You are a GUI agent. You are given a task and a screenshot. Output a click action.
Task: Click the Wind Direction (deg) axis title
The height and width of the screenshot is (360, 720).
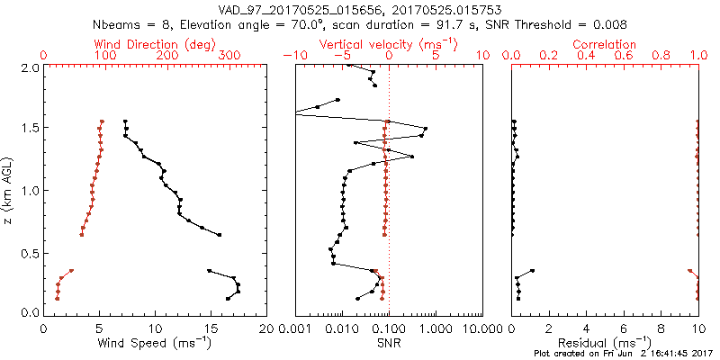point(156,44)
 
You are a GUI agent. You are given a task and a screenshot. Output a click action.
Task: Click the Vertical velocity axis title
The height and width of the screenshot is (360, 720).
point(389,44)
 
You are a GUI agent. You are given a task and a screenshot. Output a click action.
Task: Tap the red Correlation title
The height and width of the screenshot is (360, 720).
point(606,44)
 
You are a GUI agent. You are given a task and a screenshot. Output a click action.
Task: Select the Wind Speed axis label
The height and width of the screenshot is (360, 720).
point(156,344)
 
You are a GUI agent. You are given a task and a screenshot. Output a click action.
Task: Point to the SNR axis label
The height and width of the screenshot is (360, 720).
point(389,344)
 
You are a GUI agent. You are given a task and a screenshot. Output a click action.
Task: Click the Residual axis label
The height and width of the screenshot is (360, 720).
point(606,344)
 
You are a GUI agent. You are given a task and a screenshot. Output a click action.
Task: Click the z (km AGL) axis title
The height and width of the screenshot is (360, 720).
point(8,189)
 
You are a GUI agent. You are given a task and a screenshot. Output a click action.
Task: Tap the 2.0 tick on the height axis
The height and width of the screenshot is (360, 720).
point(30,67)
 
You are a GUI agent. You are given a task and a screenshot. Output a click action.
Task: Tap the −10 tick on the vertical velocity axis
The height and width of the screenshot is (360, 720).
point(293,56)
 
